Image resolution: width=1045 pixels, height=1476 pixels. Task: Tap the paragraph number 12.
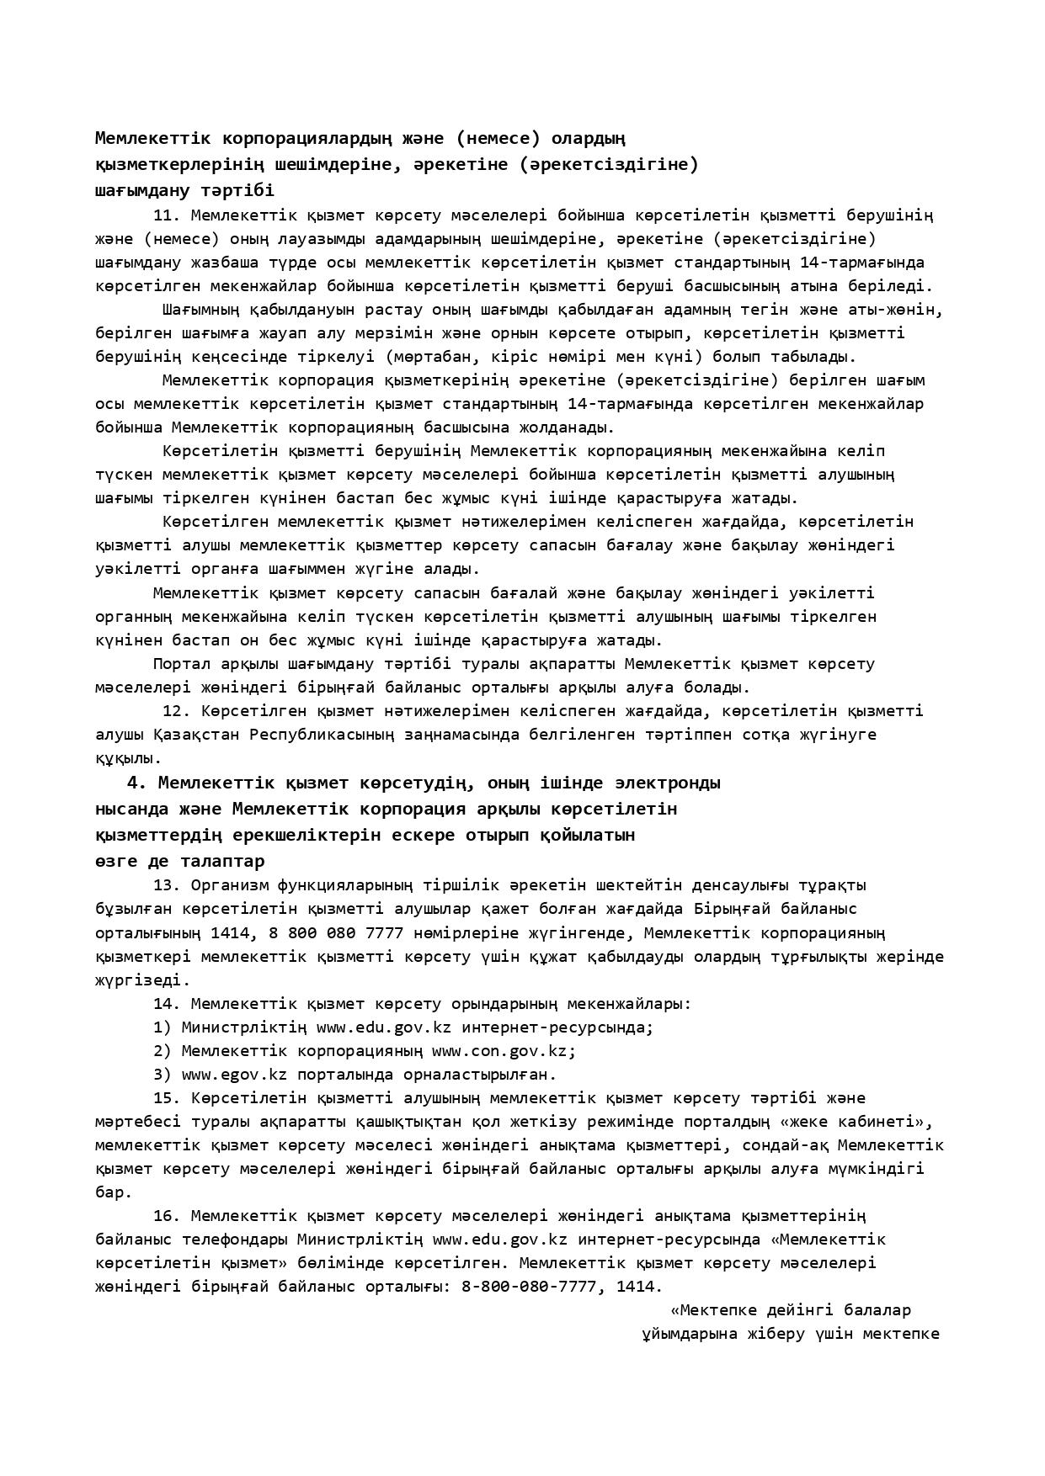(x=176, y=711)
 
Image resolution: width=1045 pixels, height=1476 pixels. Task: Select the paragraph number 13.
(x=166, y=885)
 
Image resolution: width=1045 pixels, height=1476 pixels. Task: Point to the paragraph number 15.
(x=166, y=1098)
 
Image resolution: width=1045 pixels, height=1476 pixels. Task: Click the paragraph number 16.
(x=166, y=1216)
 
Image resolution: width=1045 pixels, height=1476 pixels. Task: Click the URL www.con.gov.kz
(x=504, y=1051)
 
